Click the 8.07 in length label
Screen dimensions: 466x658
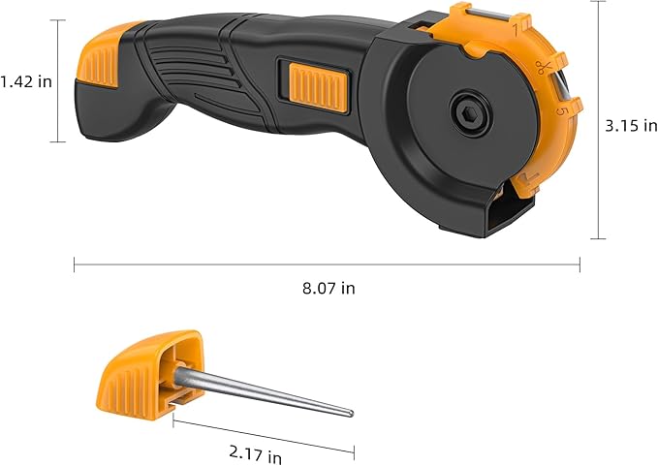(327, 289)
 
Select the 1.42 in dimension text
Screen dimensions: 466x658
(26, 81)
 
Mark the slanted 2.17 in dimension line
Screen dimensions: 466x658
(263, 434)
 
